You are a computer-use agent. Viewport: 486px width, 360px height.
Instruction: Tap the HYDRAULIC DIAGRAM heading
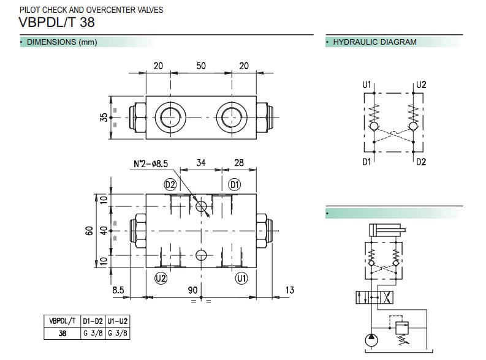tap(374, 42)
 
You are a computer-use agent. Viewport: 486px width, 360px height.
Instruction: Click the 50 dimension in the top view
tap(201, 66)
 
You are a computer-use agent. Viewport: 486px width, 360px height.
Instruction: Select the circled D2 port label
tap(170, 184)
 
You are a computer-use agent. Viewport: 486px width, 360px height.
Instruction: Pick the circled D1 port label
tap(234, 184)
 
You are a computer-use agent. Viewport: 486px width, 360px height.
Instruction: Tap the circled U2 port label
tap(161, 278)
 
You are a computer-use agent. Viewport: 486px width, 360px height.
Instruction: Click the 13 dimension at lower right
tap(290, 290)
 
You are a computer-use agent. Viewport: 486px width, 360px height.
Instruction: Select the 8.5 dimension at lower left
tap(119, 290)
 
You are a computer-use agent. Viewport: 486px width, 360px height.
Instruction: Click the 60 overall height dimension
tap(89, 230)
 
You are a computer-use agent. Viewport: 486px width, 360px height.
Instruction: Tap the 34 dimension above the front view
tap(200, 163)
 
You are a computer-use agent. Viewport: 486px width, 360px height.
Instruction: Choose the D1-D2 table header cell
tap(92, 321)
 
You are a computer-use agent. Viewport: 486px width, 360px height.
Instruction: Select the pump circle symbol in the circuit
tap(373, 340)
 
